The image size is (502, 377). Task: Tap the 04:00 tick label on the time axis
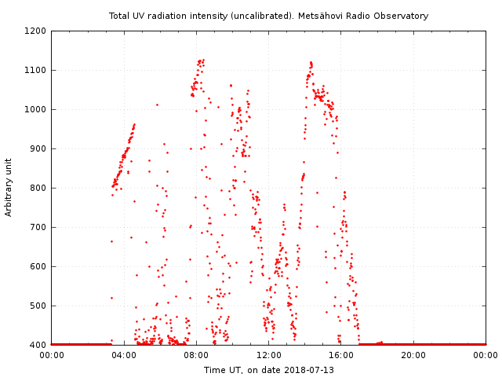[x=124, y=356]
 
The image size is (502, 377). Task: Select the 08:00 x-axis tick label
[x=196, y=356]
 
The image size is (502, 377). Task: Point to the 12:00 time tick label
[x=269, y=356]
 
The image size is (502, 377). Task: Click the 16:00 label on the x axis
[x=341, y=356]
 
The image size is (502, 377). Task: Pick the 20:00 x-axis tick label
[x=414, y=356]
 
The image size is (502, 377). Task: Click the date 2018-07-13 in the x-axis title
[x=309, y=370]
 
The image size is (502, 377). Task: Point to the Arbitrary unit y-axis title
[x=9, y=188]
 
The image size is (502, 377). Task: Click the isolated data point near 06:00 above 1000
[x=156, y=104]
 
